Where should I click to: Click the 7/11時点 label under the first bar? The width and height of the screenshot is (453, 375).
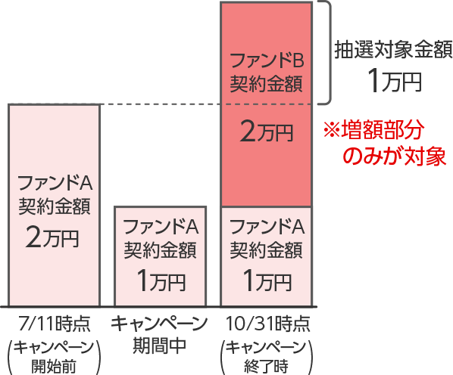tap(55, 324)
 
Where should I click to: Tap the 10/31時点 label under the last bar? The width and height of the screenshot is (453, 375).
tap(268, 324)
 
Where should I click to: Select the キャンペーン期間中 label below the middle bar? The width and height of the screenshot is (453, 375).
tap(160, 335)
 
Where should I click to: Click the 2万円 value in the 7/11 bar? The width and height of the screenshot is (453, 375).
tap(52, 237)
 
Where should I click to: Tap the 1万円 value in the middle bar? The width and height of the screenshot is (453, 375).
tap(161, 280)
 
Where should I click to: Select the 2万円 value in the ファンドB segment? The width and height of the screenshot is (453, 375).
tap(267, 132)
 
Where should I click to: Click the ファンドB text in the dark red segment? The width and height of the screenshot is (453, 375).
tap(267, 61)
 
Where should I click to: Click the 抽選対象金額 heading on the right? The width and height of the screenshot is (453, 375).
tap(393, 50)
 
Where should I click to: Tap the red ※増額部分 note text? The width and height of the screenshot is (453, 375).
tap(374, 130)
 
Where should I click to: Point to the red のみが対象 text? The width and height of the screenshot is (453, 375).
tap(395, 157)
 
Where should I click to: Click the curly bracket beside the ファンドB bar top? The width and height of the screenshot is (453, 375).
tap(329, 52)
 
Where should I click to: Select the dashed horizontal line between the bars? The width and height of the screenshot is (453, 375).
tap(160, 104)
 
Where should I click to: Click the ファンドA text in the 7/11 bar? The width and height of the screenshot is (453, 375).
tap(55, 183)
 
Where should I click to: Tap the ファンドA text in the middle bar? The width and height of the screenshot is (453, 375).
tap(161, 227)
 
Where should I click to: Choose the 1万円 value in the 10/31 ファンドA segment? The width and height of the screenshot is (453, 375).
tap(267, 280)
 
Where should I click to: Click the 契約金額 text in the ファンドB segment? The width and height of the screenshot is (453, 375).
tap(267, 84)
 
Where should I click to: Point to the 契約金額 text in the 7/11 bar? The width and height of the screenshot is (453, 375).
tap(55, 206)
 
